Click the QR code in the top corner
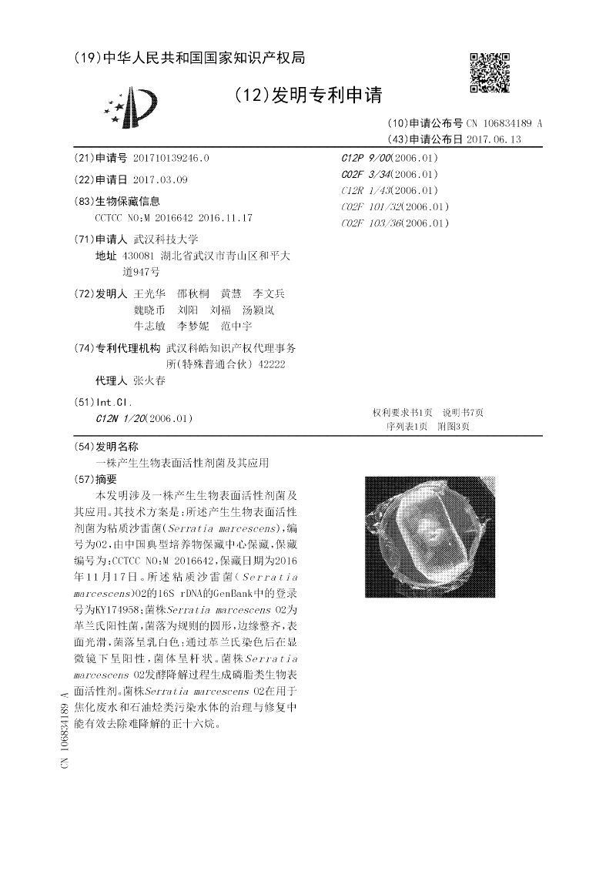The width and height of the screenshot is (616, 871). click(490, 72)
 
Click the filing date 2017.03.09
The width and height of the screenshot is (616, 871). click(159, 179)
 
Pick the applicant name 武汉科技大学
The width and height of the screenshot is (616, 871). click(166, 239)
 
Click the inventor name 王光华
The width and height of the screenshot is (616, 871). click(149, 293)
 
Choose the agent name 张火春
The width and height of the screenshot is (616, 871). click(149, 380)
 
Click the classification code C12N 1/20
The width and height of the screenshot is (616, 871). click(117, 418)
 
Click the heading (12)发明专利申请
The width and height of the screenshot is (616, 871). click(309, 95)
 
